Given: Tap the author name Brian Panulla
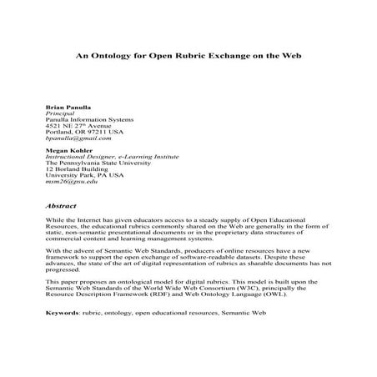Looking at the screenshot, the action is click(66, 108).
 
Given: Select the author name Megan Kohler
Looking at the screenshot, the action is click(65, 150).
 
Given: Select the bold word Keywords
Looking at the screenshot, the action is click(63, 310).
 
